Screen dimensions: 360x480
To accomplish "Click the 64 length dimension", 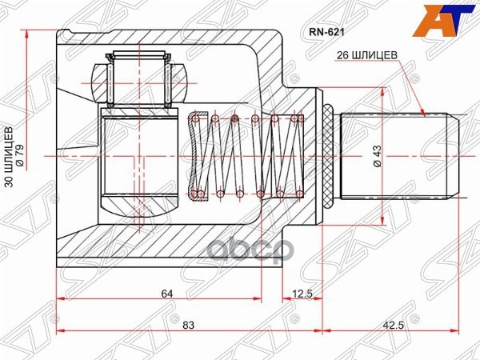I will [x=166, y=294].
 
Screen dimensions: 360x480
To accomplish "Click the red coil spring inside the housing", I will [x=248, y=156].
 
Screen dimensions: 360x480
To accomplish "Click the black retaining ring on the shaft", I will [x=328, y=156].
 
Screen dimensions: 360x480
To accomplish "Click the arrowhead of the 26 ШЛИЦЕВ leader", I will [x=423, y=113].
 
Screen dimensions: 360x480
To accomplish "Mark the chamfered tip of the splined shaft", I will [x=454, y=156].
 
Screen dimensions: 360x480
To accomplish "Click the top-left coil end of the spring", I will [x=193, y=120].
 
